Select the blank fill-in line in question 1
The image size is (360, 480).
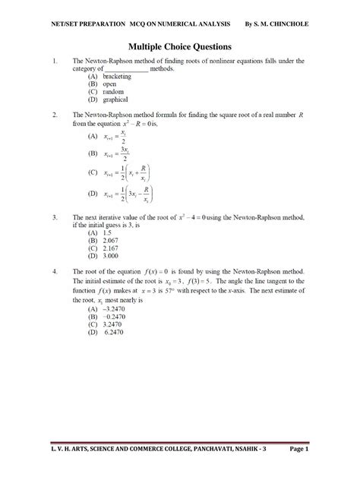click(x=126, y=69)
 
